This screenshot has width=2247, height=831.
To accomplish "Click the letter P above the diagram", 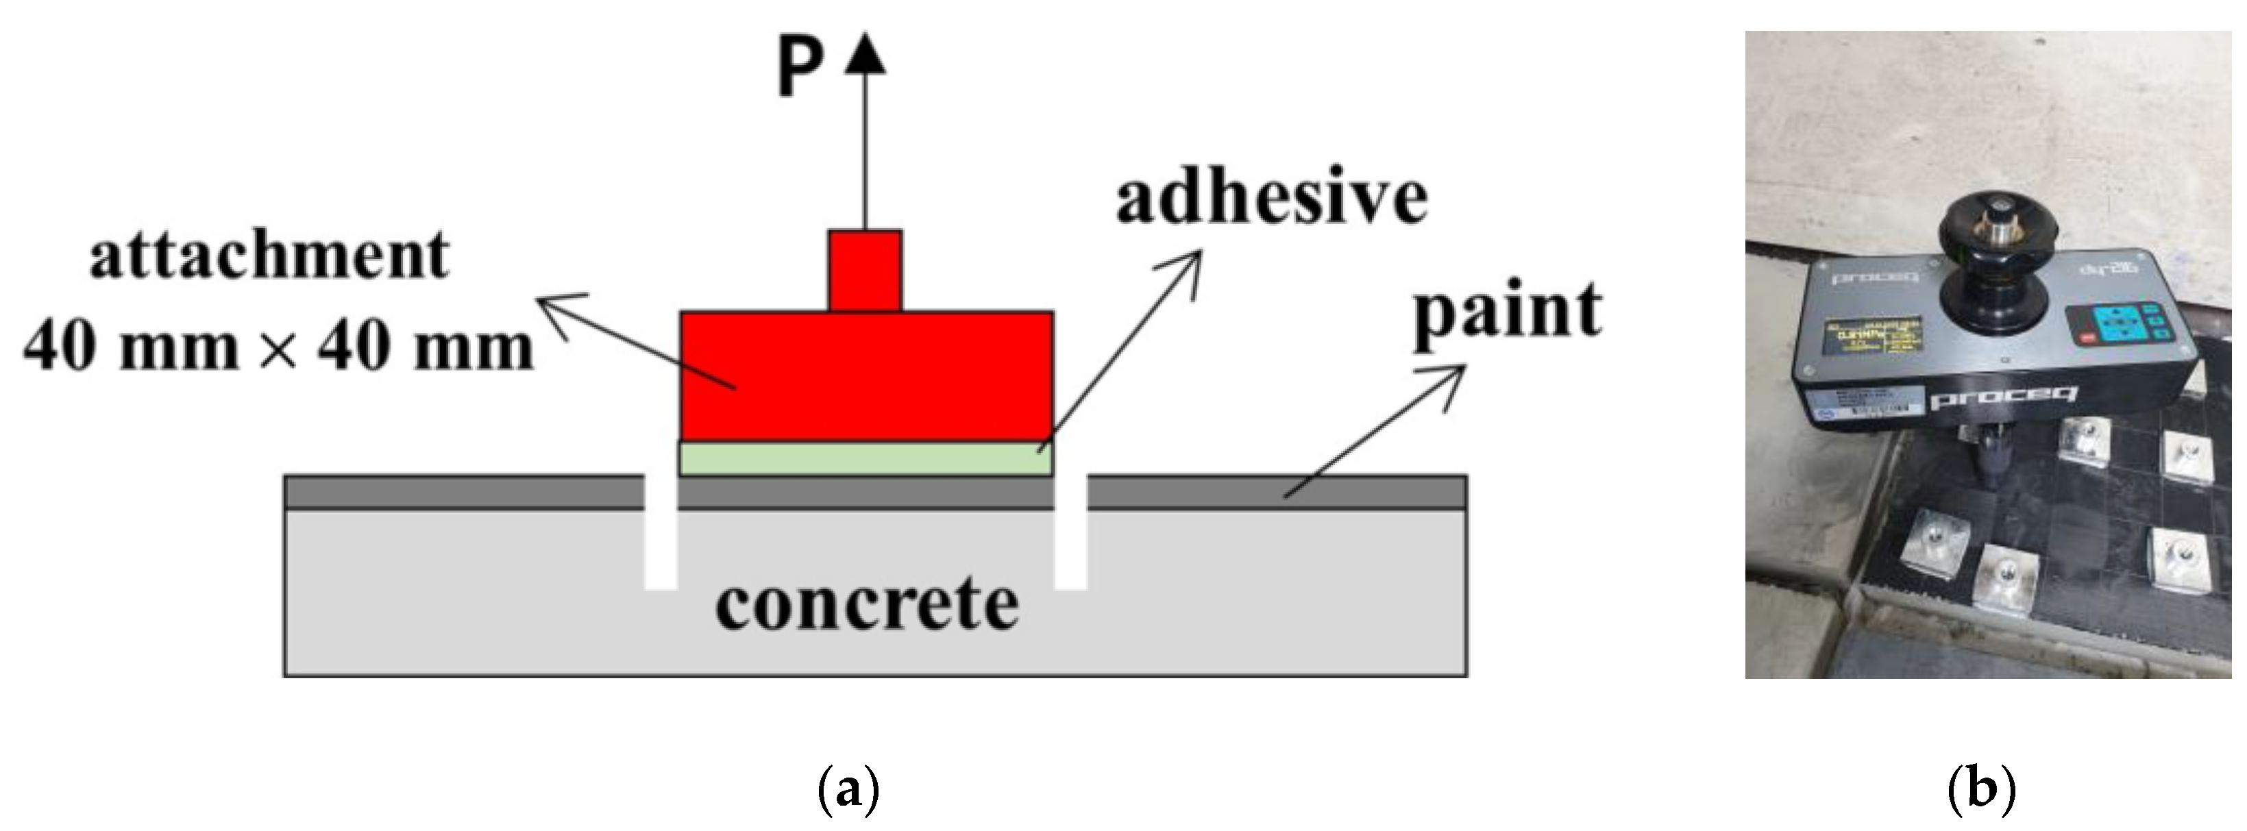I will (x=799, y=70).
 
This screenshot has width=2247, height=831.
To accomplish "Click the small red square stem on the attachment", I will (x=865, y=271).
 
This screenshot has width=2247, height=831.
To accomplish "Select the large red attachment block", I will (x=866, y=377).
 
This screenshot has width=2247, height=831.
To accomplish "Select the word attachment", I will (x=269, y=256).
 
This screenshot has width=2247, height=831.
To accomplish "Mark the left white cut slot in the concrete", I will (x=661, y=532).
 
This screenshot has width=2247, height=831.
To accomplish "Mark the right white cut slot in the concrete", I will (x=1071, y=532).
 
